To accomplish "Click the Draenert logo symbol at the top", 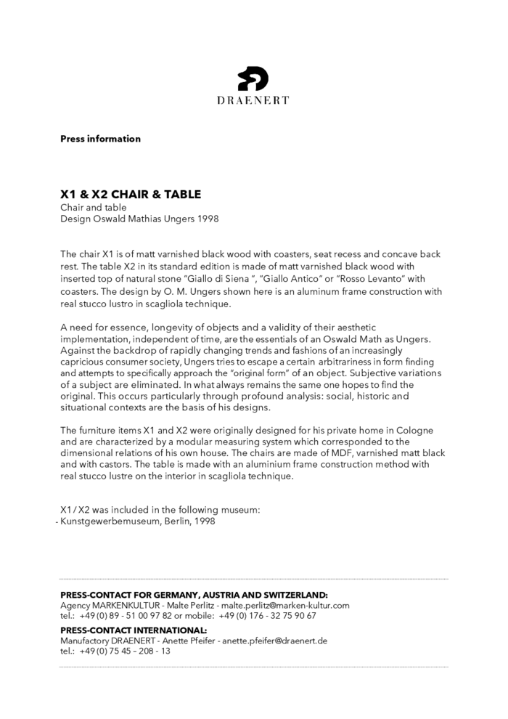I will [253, 78].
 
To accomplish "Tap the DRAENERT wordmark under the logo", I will [253, 100].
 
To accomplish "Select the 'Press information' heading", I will [100, 139].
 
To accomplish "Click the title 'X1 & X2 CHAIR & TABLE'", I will [131, 195].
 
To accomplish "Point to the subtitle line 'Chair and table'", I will [93, 208].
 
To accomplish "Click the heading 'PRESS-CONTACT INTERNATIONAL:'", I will [134, 630].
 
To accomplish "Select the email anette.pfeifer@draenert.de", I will [275, 641].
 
